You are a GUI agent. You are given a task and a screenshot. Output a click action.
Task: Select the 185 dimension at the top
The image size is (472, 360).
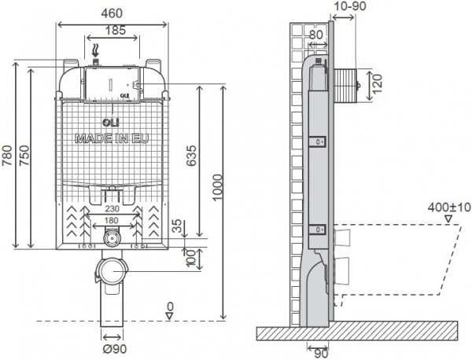[115, 31]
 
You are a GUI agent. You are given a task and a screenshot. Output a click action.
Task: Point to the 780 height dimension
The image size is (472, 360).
[9, 155]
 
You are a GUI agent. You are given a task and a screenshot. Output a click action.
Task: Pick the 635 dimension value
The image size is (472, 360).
[190, 158]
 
